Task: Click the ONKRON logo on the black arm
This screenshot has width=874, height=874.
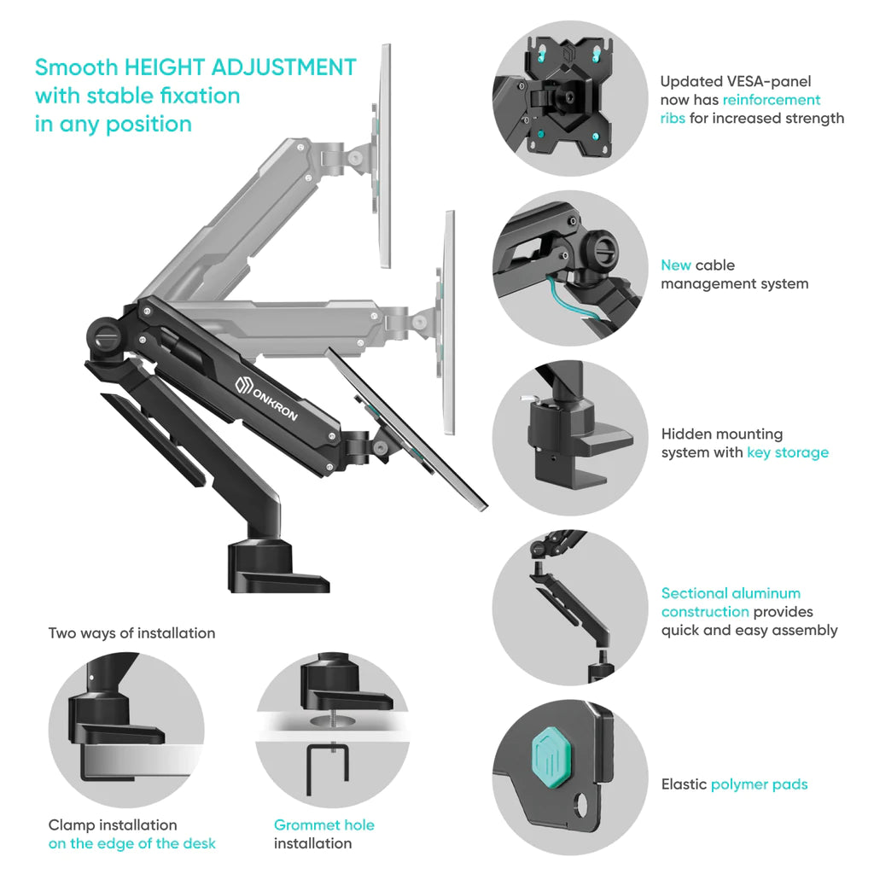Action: (x=266, y=399)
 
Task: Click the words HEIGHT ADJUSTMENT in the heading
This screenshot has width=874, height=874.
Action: (x=240, y=67)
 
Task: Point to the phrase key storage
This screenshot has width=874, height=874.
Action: (x=788, y=452)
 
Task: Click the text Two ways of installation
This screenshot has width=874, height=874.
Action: (x=131, y=633)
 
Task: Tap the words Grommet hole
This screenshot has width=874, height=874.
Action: (x=323, y=825)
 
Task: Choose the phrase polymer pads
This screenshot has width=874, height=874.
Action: (x=759, y=785)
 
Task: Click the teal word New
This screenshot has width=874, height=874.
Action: (x=676, y=265)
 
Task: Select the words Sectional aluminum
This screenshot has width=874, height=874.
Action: (x=731, y=593)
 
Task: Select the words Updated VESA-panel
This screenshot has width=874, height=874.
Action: (x=735, y=82)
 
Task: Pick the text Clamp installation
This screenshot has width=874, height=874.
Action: (x=113, y=825)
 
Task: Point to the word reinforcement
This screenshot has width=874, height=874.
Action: (x=772, y=101)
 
